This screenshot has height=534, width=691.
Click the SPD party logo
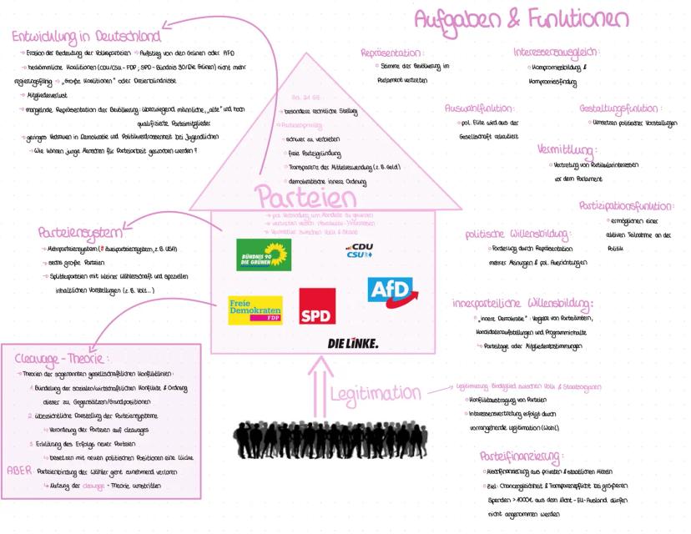point(317,306)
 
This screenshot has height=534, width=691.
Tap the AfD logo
point(391,290)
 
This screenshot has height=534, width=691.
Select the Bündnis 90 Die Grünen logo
point(264,254)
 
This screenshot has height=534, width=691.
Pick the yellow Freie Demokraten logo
point(255,310)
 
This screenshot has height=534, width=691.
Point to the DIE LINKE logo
point(352,343)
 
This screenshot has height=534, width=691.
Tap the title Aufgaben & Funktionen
point(522,18)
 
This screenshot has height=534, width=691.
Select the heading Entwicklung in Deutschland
point(86,37)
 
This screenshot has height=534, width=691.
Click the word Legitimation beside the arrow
point(376,392)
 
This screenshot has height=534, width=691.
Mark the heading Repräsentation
point(392,53)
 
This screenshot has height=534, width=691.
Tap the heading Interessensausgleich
point(568,53)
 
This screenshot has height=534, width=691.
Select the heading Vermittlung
point(567,150)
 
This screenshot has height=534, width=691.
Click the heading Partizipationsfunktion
point(626,205)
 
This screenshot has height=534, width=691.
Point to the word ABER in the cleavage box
point(18,470)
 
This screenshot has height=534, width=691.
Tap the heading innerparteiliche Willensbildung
point(522,303)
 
